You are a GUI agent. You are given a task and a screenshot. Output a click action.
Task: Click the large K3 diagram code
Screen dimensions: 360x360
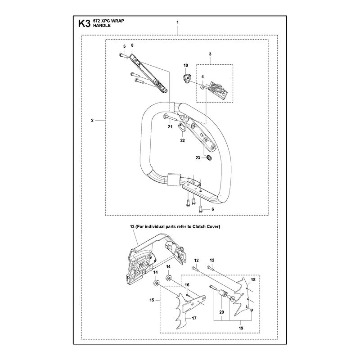84,24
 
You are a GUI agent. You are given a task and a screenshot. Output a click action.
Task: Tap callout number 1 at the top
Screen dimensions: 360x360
177,22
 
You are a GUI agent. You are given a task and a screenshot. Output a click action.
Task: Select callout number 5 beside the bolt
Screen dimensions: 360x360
125,46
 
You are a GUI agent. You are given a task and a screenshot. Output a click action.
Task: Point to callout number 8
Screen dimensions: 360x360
132,45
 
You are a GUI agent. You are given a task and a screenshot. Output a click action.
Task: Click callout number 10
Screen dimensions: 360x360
186,65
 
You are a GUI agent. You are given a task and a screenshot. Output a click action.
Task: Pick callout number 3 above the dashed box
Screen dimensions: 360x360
210,54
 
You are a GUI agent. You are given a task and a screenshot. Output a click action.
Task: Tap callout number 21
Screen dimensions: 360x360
170,127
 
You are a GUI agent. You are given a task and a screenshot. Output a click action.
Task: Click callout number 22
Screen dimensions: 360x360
182,140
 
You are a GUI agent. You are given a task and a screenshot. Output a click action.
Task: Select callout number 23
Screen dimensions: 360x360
198,158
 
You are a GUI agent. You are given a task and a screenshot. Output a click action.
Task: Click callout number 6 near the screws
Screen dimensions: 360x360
213,209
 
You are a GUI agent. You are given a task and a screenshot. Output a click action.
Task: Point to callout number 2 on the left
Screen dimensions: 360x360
92,120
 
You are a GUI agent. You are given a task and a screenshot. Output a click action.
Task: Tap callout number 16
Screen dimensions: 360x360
187,285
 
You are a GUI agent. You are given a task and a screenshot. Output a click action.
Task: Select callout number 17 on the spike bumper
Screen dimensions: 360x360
194,318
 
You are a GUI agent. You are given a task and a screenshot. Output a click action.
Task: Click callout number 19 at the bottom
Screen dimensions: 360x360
241,328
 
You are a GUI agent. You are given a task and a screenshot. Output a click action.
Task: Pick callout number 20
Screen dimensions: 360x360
221,312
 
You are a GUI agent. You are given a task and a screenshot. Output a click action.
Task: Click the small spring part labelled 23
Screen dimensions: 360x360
209,158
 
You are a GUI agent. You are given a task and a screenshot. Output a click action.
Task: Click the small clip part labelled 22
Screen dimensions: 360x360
182,127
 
